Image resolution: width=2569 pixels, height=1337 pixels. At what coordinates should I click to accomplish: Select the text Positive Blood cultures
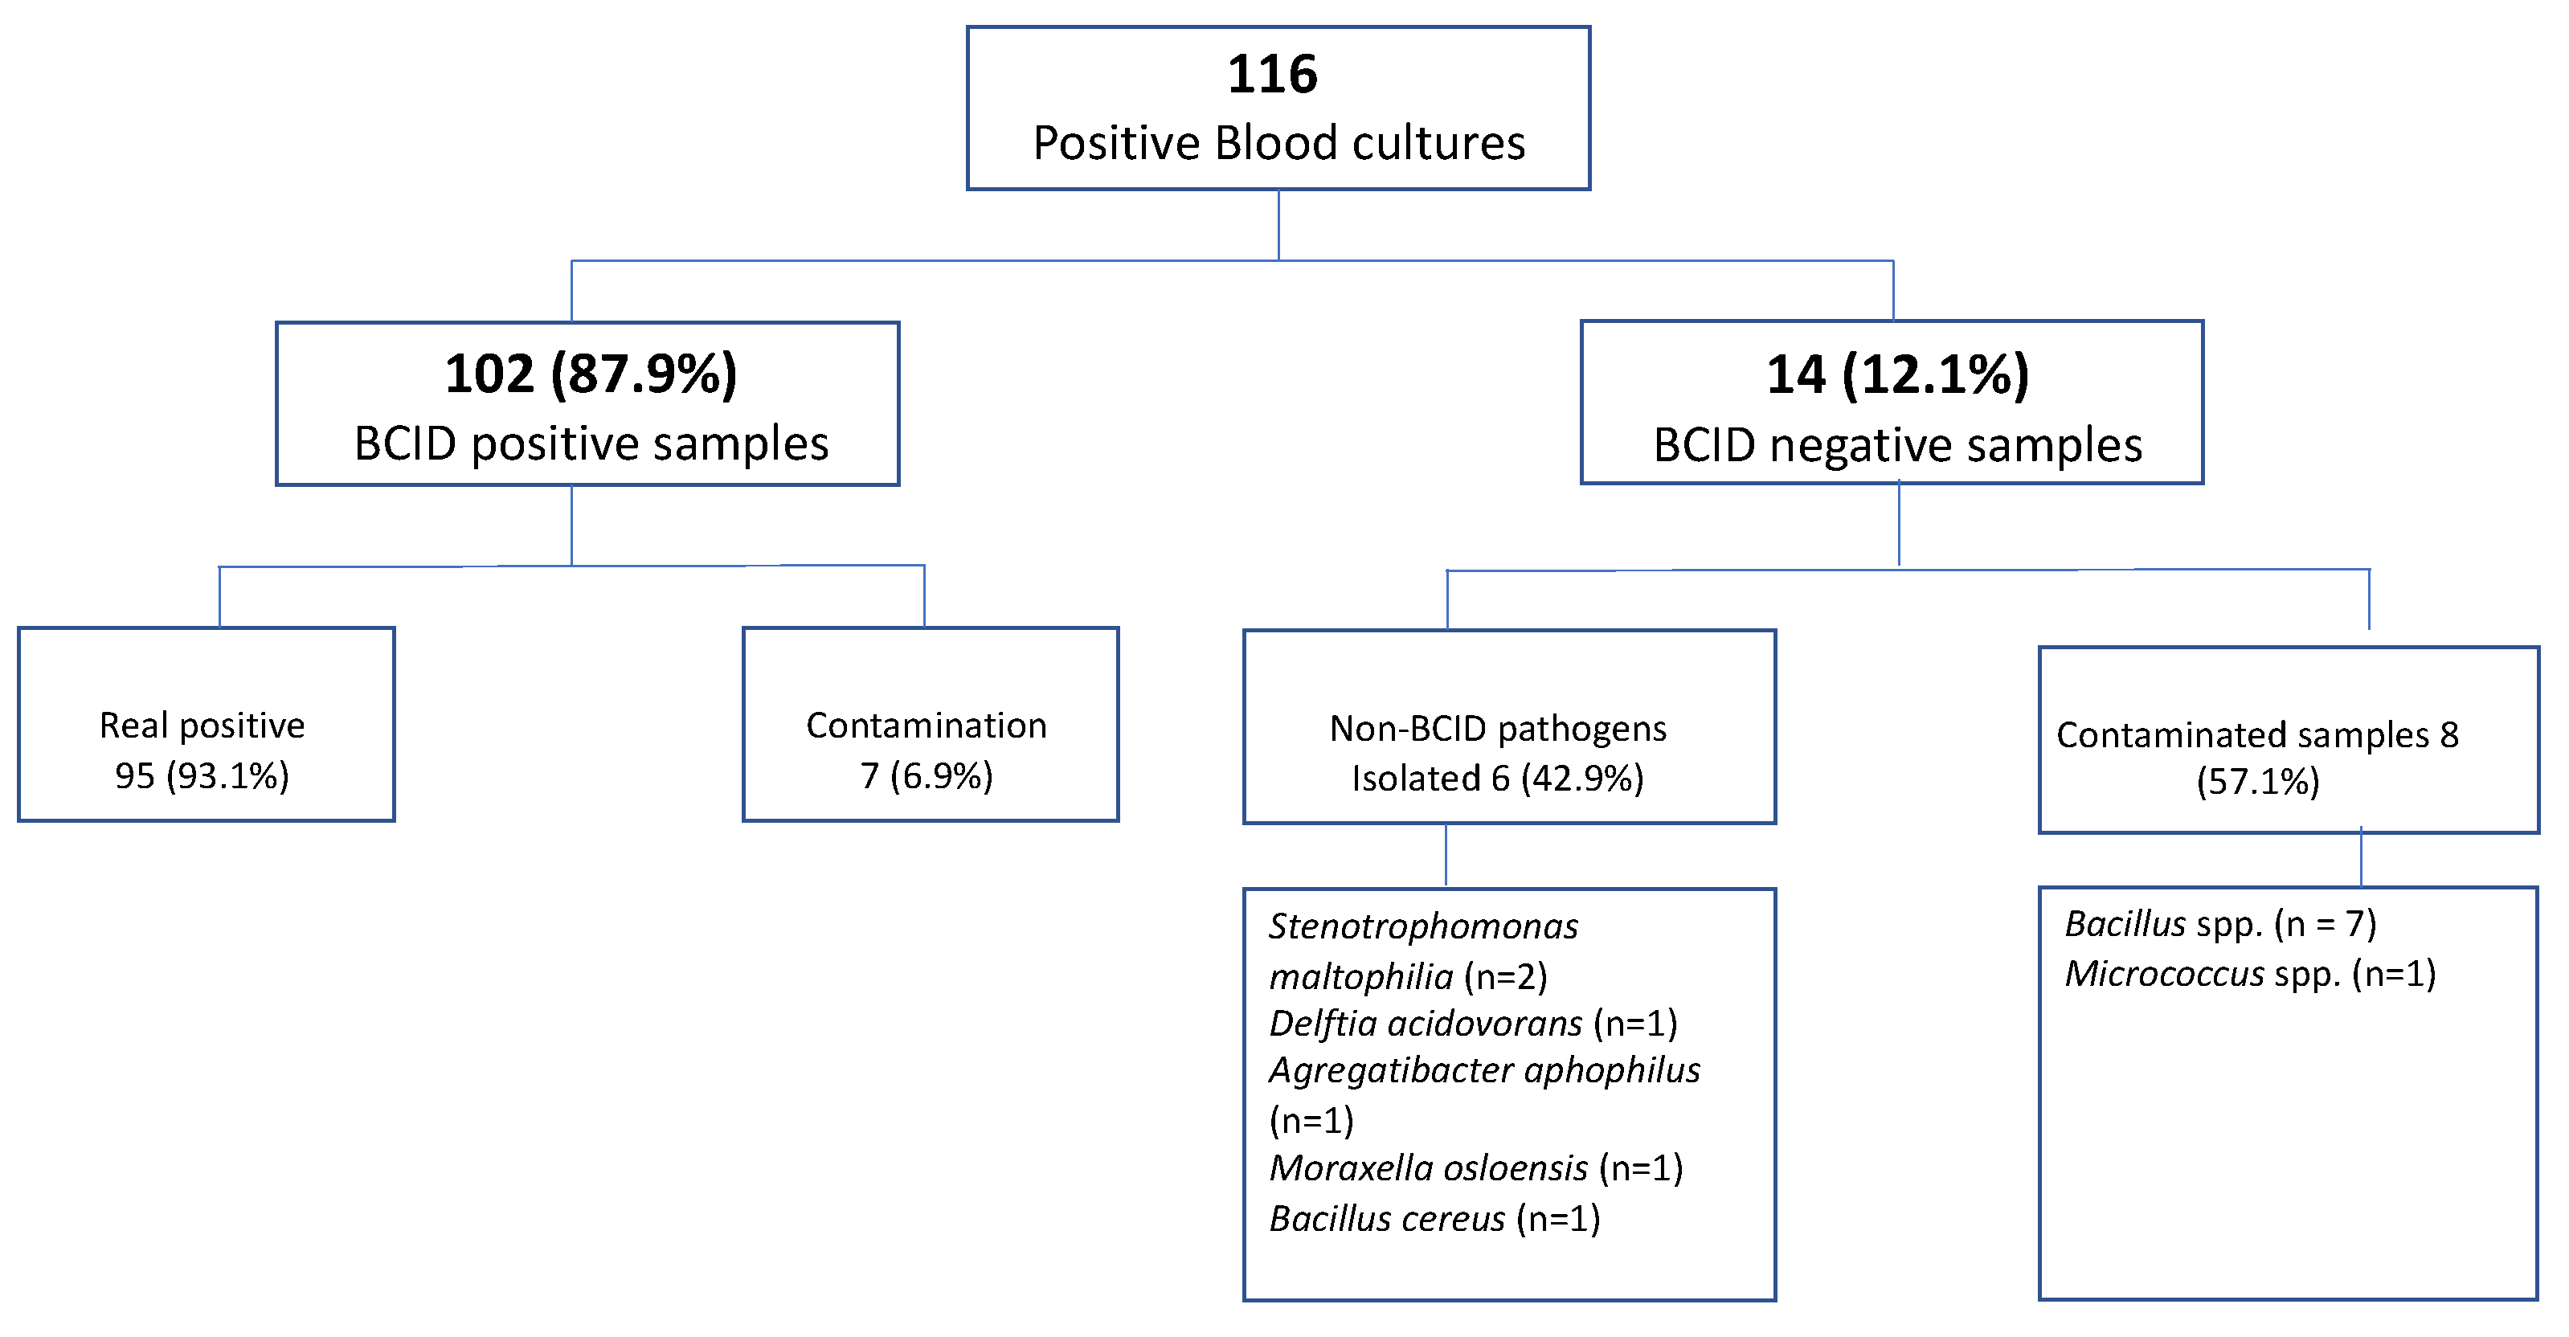pos(1278,142)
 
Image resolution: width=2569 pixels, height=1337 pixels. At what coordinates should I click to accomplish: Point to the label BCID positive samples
pos(591,444)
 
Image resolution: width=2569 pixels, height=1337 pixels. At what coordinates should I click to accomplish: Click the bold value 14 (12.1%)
pos(1897,375)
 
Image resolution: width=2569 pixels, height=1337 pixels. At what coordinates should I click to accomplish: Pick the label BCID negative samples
pos(1897,444)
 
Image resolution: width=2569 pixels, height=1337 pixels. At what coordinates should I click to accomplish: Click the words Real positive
pos(202,725)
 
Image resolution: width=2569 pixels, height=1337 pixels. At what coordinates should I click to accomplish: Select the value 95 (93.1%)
pos(202,775)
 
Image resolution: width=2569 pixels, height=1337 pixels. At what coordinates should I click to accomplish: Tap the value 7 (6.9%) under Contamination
pos(927,775)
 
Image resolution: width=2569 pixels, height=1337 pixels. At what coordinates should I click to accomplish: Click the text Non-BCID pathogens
pos(1498,729)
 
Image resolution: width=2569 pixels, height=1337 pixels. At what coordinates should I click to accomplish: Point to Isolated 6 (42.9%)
pos(1498,779)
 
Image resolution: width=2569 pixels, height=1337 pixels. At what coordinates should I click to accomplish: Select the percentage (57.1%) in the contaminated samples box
pos(2258,782)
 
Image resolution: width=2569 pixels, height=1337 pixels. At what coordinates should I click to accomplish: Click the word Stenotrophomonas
pos(1423,926)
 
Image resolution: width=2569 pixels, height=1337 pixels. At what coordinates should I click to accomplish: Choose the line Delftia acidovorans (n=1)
pos(1473,1023)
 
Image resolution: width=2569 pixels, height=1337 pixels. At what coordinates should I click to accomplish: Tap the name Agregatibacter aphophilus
pos(1484,1069)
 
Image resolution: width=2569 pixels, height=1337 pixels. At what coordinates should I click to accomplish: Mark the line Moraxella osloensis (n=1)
pos(1476,1167)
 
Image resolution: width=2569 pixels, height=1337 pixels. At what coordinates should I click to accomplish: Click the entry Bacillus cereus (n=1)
pos(1434,1218)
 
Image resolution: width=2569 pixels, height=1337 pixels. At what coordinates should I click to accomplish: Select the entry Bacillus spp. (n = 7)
pos(2220,924)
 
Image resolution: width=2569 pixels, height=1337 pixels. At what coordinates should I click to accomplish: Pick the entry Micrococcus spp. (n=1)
pos(2250,973)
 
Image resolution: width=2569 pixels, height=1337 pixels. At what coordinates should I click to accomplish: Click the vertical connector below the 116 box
pos(1278,224)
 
